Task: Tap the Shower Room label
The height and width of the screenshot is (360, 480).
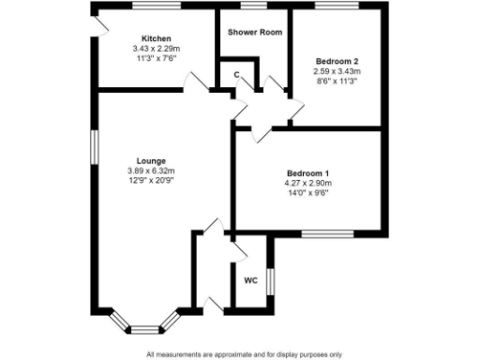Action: pyautogui.click(x=255, y=31)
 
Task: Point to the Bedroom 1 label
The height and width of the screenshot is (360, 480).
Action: pyautogui.click(x=307, y=174)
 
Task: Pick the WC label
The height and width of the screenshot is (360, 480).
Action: pyautogui.click(x=250, y=280)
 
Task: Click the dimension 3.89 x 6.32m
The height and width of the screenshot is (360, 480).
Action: pyautogui.click(x=151, y=171)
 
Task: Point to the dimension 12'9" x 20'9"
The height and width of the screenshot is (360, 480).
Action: pyautogui.click(x=151, y=180)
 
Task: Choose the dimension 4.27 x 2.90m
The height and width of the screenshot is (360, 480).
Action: pyautogui.click(x=307, y=185)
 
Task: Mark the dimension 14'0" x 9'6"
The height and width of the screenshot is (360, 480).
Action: pyautogui.click(x=307, y=194)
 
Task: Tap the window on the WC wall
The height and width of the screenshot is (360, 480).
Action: pyautogui.click(x=269, y=280)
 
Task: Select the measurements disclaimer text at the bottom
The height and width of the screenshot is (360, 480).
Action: pyautogui.click(x=244, y=353)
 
